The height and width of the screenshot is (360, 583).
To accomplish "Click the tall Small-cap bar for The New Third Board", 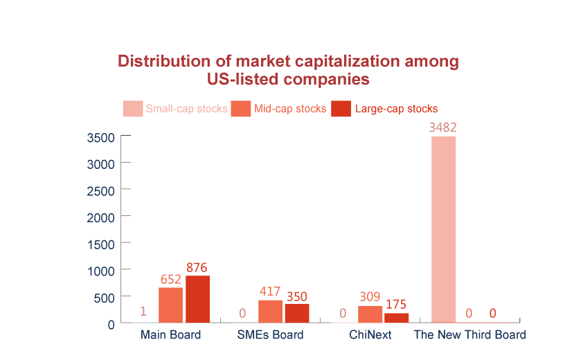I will pyautogui.click(x=443, y=229).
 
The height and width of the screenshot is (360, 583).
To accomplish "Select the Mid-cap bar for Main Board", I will pyautogui.click(x=170, y=305).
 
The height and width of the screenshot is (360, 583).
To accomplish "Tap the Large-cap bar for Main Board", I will pyautogui.click(x=197, y=298).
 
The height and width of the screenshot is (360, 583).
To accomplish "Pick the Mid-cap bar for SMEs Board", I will pyautogui.click(x=270, y=311).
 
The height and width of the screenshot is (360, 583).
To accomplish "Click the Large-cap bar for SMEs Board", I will pyautogui.click(x=296, y=313).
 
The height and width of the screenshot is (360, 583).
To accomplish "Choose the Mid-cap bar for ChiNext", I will pyautogui.click(x=370, y=314).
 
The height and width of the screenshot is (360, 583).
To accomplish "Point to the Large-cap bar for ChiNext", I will pyautogui.click(x=396, y=318).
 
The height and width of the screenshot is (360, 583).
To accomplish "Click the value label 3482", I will pyautogui.click(x=443, y=128).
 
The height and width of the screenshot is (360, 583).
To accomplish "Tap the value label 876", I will pyautogui.click(x=197, y=267).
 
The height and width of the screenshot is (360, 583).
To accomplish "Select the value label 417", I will pyautogui.click(x=270, y=291).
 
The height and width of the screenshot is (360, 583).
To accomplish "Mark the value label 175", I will pyautogui.click(x=396, y=304).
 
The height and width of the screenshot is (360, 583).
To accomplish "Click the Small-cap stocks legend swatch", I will pyautogui.click(x=132, y=109).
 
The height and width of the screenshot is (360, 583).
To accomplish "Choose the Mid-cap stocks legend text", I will pyautogui.click(x=290, y=109).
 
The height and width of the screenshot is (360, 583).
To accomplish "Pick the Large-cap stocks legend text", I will pyautogui.click(x=395, y=109).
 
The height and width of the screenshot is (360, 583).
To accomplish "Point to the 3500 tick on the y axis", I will pyautogui.click(x=100, y=137).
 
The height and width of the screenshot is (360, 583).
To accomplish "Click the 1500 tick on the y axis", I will pyautogui.click(x=100, y=244).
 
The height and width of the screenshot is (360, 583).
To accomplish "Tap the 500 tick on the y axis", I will pyautogui.click(x=103, y=297).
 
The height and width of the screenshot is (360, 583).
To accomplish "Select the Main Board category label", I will pyautogui.click(x=170, y=335).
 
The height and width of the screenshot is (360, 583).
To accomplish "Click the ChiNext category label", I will pyautogui.click(x=370, y=335).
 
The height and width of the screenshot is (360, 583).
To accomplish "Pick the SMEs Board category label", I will pyautogui.click(x=270, y=335).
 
